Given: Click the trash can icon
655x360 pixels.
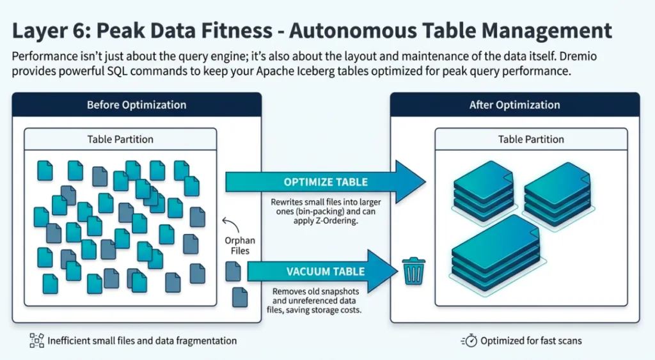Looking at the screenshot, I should coord(413,271).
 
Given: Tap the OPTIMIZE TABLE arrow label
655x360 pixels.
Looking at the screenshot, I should coord(326,182).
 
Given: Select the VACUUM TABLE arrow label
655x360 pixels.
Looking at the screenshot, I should coord(326,271).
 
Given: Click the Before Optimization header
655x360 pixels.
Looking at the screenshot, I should coord(136,105).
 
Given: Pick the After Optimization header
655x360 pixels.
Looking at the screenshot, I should coord(514,105).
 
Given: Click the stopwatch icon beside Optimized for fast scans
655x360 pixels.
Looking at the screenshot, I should coord(470,341).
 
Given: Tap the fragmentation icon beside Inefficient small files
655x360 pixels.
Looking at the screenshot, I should coord(37,341).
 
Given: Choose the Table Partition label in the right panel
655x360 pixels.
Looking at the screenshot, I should coord(531,139).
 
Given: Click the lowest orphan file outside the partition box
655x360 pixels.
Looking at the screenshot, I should coord(240,297).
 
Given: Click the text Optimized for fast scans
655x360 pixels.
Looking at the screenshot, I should coord(531,341).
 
